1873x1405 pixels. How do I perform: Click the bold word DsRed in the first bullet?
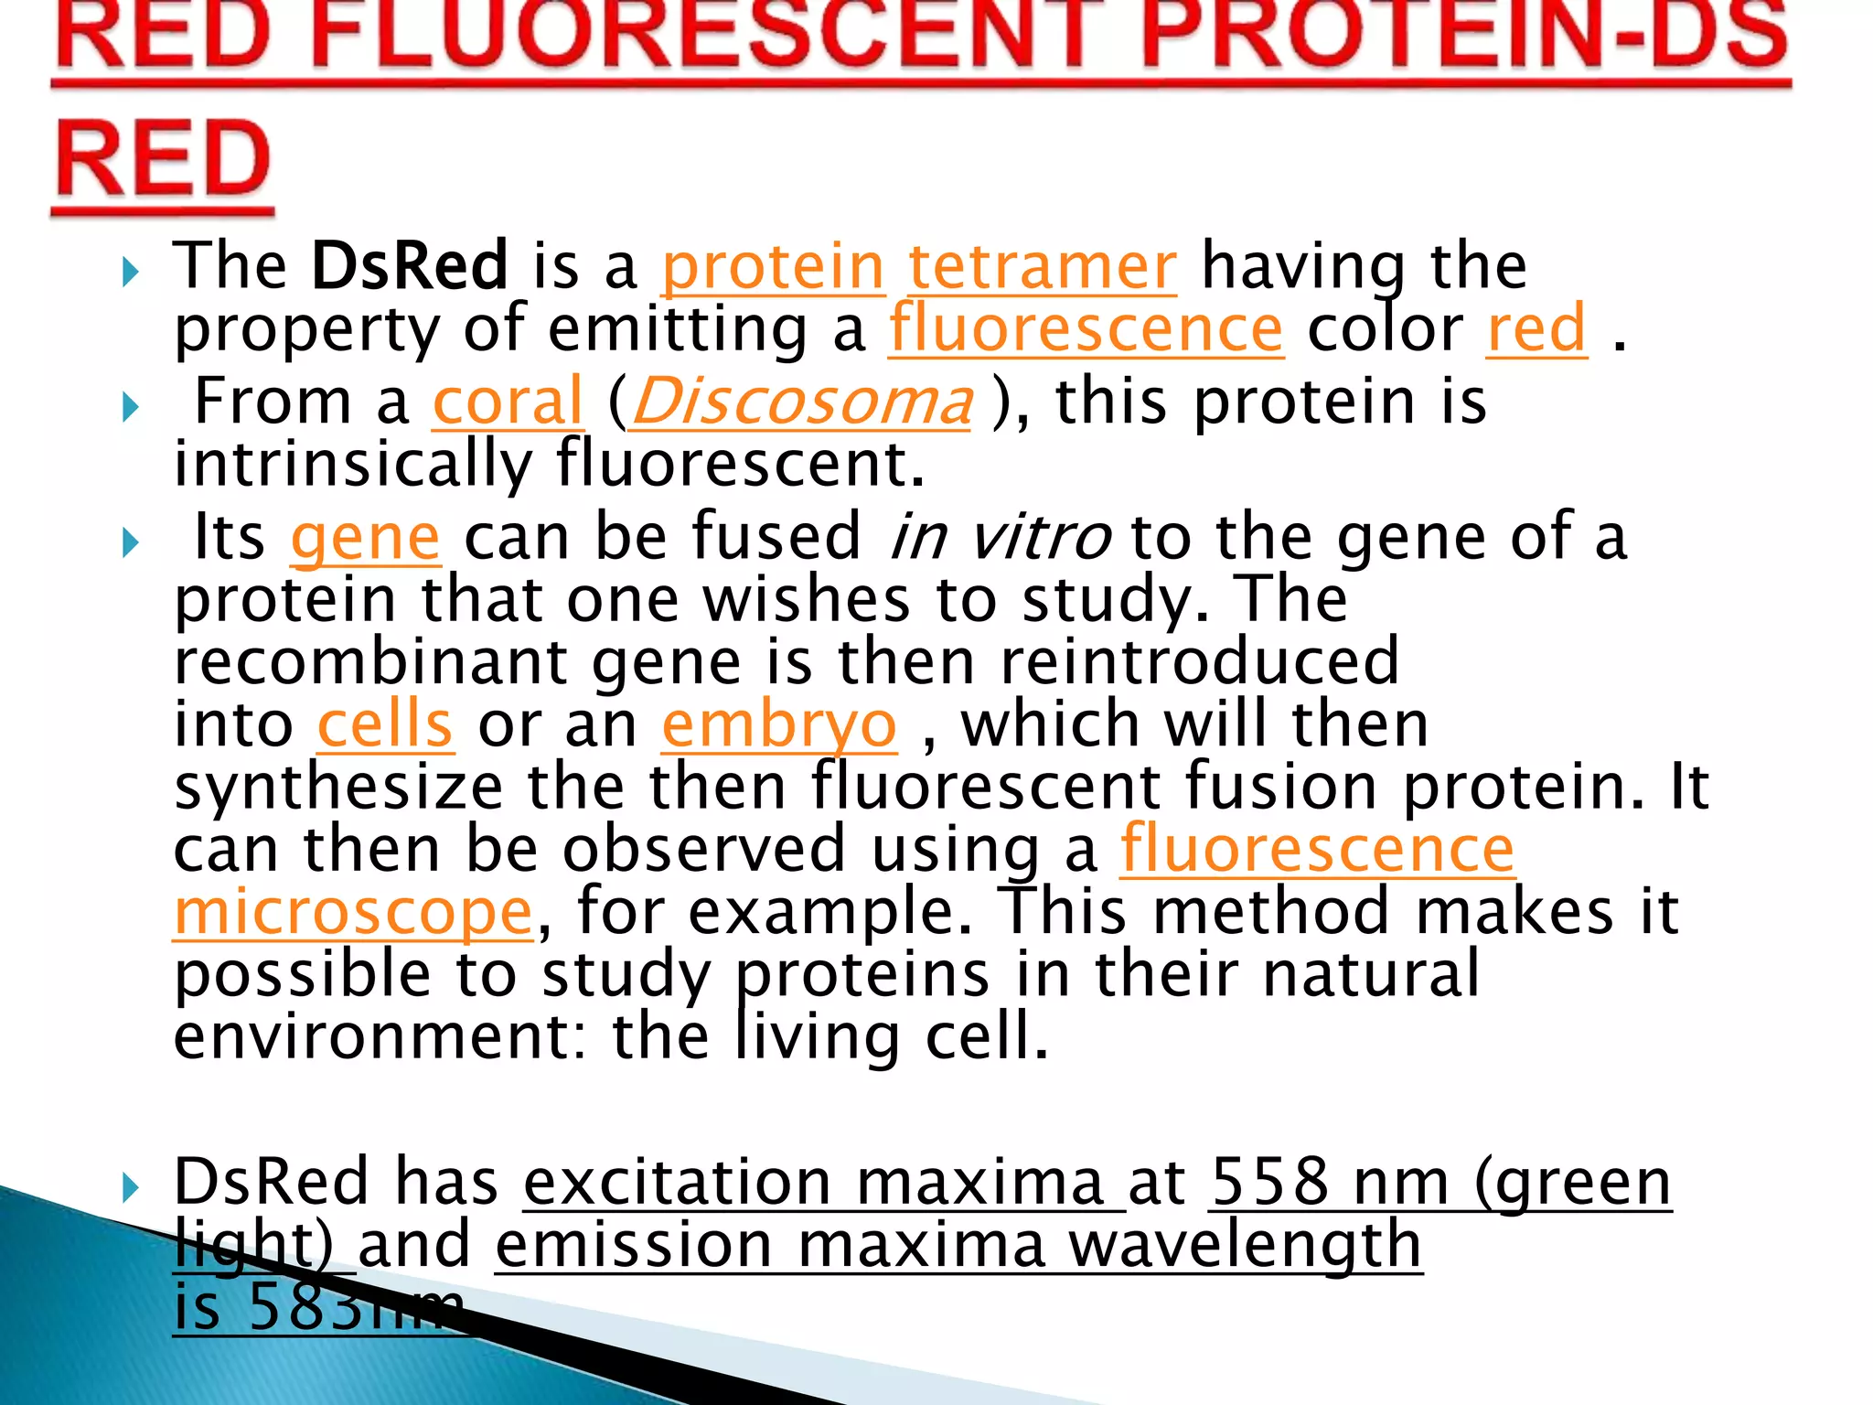pyautogui.click(x=408, y=266)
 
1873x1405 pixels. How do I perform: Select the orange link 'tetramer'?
pyautogui.click(x=1042, y=268)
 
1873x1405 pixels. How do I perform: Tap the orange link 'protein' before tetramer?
pyautogui.click(x=773, y=268)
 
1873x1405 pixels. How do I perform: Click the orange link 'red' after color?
pyautogui.click(x=1536, y=329)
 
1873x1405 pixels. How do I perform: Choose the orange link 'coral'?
pyautogui.click(x=508, y=402)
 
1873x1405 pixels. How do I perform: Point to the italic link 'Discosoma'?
pyautogui.click(x=801, y=402)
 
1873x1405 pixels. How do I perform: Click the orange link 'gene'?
pyautogui.click(x=366, y=538)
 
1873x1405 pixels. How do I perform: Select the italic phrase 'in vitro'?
pyautogui.click(x=1000, y=537)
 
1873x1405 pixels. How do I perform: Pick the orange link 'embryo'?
pyautogui.click(x=778, y=726)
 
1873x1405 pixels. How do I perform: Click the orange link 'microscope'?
pyautogui.click(x=353, y=913)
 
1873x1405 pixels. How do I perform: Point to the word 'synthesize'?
pyautogui.click(x=338, y=788)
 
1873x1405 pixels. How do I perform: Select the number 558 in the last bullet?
pyautogui.click(x=1269, y=1182)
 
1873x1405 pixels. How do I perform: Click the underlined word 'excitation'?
pyautogui.click(x=677, y=1182)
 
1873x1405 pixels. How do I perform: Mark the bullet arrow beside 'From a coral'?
pyautogui.click(x=130, y=407)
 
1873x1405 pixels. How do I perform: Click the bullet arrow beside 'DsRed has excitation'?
pyautogui.click(x=130, y=1187)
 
